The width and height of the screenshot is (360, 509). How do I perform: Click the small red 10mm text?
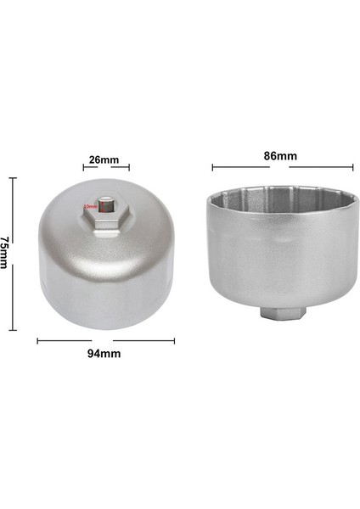pos(89,206)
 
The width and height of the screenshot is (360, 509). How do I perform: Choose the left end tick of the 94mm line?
pos(37,341)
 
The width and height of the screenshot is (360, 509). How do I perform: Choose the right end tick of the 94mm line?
pos(174,341)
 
